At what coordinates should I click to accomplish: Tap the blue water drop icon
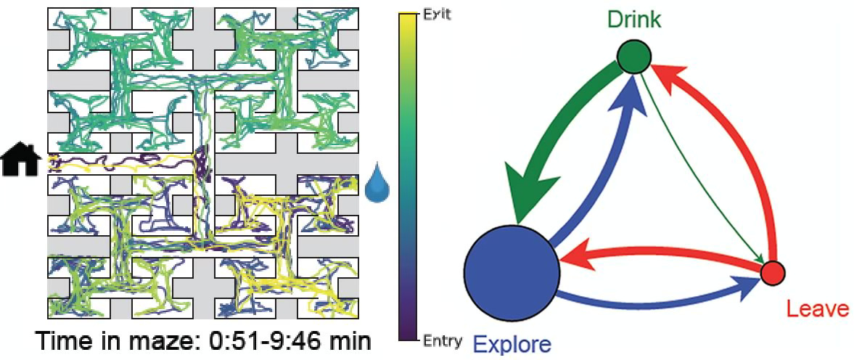click(377, 184)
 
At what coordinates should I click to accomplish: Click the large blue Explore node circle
click(512, 271)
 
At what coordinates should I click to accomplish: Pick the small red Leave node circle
click(773, 272)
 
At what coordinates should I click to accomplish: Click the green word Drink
click(633, 20)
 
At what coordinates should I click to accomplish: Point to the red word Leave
click(817, 309)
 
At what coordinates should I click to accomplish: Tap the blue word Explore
click(512, 343)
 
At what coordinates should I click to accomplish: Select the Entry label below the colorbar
click(441, 341)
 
